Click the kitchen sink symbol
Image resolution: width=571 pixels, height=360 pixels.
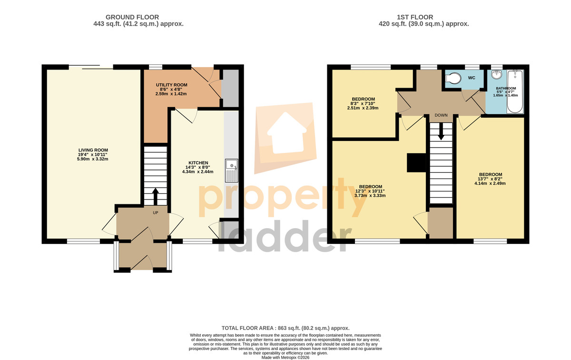pyautogui.click(x=231, y=170)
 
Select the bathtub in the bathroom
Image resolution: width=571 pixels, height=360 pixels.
pyautogui.click(x=515, y=91)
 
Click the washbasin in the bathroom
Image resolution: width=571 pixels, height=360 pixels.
pyautogui.click(x=496, y=74)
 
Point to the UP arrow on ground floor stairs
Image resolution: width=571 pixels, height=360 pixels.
pyautogui.click(x=155, y=197)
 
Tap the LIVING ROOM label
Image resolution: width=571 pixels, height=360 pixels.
pyautogui.click(x=93, y=150)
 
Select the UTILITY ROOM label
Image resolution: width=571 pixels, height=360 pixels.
pyautogui.click(x=172, y=85)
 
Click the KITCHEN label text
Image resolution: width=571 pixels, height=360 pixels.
pyautogui.click(x=198, y=163)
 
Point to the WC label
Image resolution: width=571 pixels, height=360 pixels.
pyautogui.click(x=472, y=78)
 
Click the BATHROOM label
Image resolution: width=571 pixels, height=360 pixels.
pyautogui.click(x=506, y=88)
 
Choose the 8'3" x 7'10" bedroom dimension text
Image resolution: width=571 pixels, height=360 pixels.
pyautogui.click(x=363, y=104)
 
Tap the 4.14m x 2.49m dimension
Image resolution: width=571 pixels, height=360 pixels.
pyautogui.click(x=490, y=183)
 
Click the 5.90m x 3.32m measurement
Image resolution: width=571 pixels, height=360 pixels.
pyautogui.click(x=92, y=159)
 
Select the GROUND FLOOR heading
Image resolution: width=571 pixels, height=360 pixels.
pyautogui.click(x=132, y=17)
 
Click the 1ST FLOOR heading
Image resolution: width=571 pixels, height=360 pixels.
pyautogui.click(x=415, y=17)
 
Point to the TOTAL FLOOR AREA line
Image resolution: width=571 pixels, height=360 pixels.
pyautogui.click(x=285, y=328)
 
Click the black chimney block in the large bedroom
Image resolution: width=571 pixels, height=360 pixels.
pyautogui.click(x=416, y=162)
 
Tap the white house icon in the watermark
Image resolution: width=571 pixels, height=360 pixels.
pyautogui.click(x=286, y=133)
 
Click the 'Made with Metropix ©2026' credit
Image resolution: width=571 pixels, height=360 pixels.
pyautogui.click(x=285, y=358)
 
